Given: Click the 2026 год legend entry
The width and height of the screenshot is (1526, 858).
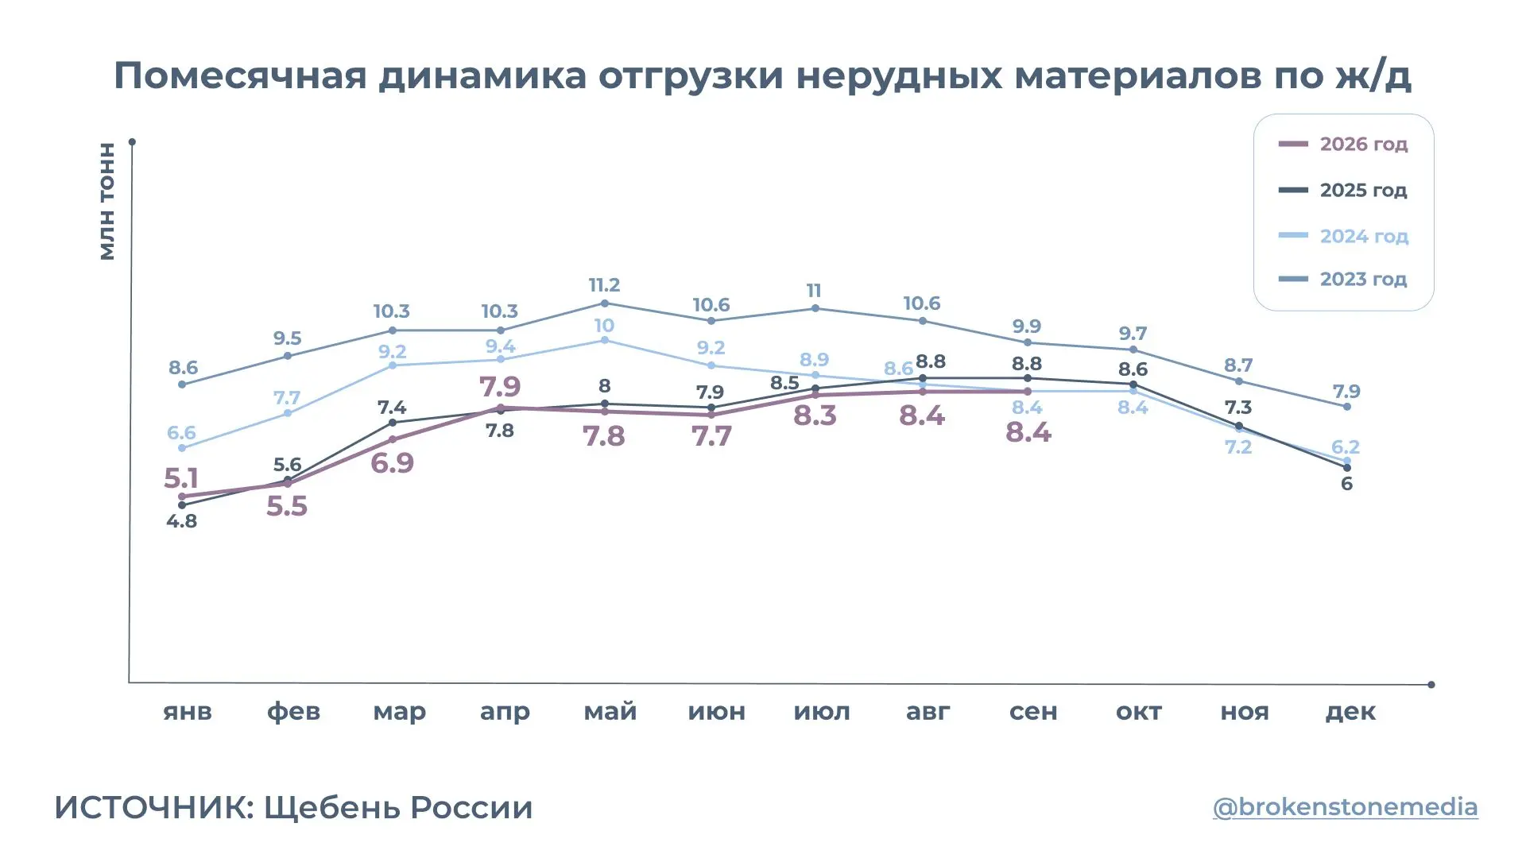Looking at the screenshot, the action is [x=1343, y=145].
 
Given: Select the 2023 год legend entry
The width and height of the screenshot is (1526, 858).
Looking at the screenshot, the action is [x=1343, y=280].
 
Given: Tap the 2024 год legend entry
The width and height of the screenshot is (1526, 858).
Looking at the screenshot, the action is [x=1343, y=236].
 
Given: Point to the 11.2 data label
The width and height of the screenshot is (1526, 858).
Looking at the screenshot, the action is [x=604, y=284].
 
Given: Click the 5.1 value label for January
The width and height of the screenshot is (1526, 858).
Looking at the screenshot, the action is [x=180, y=478].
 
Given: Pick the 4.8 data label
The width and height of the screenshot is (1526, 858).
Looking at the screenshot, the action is [x=181, y=521].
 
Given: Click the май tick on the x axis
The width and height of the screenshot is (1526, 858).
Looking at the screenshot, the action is [x=610, y=711].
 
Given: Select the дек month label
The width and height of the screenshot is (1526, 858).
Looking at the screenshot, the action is [x=1350, y=712].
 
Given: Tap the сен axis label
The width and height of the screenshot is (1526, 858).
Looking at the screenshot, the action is [x=1033, y=711].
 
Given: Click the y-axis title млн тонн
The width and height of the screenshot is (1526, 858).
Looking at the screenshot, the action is [x=107, y=201].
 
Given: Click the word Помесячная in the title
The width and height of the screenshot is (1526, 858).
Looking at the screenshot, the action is [x=241, y=75].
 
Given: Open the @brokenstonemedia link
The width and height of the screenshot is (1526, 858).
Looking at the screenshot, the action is [x=1345, y=806].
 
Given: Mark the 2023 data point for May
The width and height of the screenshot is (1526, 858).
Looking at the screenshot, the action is [x=605, y=303].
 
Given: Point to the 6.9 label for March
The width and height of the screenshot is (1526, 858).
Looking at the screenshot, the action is [x=392, y=462].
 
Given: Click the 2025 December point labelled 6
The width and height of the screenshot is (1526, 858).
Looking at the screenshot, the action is [x=1347, y=468].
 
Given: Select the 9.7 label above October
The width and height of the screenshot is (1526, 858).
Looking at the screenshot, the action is [x=1133, y=333].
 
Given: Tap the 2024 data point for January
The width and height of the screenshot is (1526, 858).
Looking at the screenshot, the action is [x=182, y=448].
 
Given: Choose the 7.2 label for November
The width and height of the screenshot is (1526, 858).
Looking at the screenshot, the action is [x=1238, y=446].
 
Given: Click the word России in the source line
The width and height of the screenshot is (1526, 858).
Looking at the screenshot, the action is [x=472, y=807].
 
